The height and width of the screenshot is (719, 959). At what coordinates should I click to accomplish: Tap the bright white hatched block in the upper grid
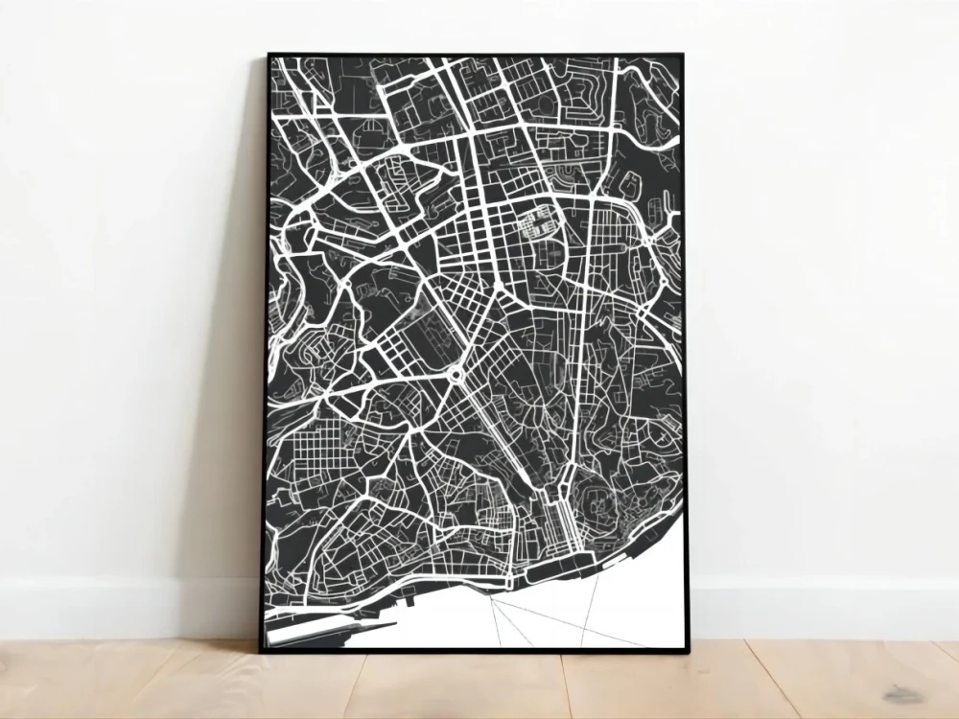(x=536, y=223)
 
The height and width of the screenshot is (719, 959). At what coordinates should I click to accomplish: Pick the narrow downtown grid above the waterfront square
(x=555, y=518)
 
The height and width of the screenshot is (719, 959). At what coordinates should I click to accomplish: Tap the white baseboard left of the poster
(x=125, y=608)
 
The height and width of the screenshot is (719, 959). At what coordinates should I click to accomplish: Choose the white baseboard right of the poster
(x=825, y=608)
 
